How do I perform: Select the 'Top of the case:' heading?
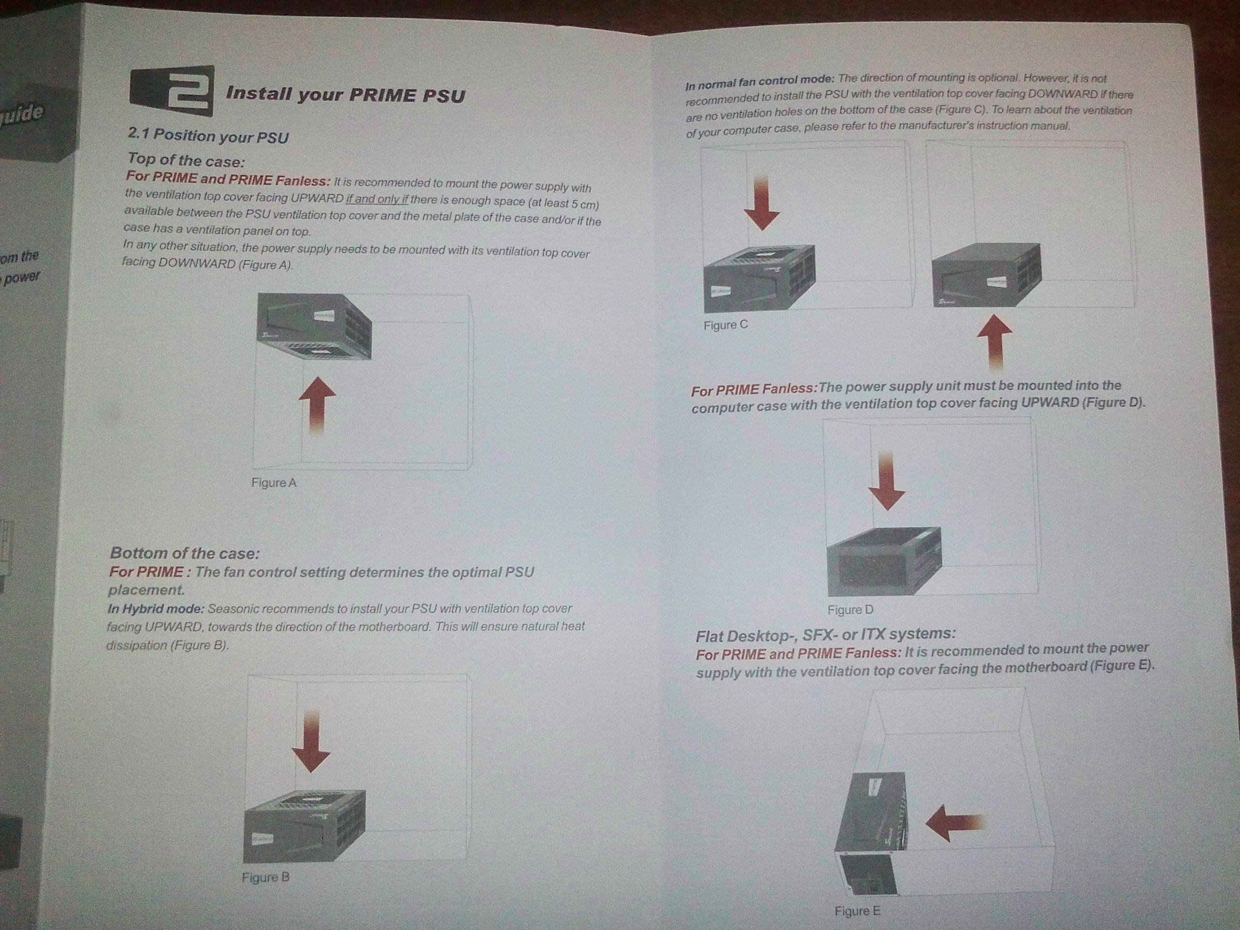click(x=186, y=160)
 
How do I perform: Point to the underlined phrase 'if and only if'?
click(x=377, y=199)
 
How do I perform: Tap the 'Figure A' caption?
click(x=274, y=482)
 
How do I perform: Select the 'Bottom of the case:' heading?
click(x=185, y=553)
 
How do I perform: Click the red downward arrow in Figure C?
click(x=762, y=203)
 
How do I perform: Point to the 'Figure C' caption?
click(x=726, y=325)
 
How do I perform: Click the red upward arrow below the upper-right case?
click(x=994, y=342)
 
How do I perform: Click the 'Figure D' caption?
click(x=850, y=610)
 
